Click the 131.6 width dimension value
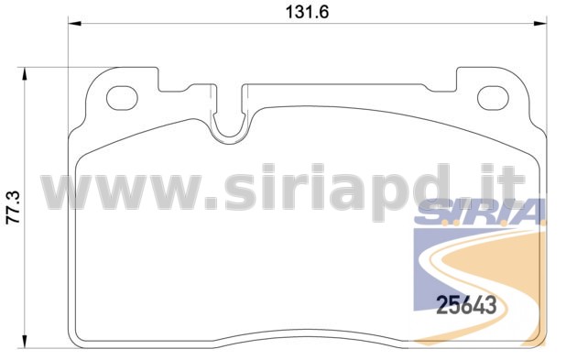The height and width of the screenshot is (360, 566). click(x=307, y=12)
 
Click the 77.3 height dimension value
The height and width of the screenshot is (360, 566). click(x=15, y=208)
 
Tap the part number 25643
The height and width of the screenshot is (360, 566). click(x=466, y=305)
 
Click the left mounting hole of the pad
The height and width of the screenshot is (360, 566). click(x=122, y=98)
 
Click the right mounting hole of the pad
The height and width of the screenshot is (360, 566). click(x=493, y=98)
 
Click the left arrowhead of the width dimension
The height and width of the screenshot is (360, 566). click(x=74, y=24)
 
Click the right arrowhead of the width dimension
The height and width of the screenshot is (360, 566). click(x=540, y=24)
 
